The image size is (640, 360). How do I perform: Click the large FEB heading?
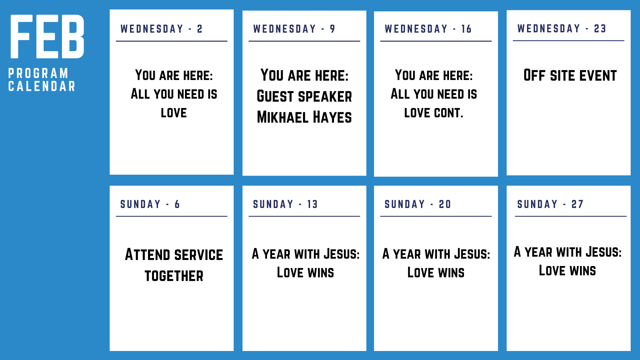point(47,37)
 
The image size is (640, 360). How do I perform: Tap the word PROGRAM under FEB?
point(38,73)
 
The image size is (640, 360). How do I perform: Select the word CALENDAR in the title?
point(42,86)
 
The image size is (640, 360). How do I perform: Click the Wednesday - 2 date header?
point(161,29)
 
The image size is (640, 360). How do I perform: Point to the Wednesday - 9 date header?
point(294,29)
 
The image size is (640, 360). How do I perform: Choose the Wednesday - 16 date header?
point(428,29)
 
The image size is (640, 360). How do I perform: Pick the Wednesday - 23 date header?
point(562,29)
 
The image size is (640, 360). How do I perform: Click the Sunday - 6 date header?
point(150,204)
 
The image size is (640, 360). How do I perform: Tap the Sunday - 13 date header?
point(285,204)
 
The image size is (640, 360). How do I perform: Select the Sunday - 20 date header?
point(418,204)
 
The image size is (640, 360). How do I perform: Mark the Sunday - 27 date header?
point(550,204)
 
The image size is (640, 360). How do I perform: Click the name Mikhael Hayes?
point(304,117)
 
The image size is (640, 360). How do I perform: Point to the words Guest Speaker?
point(304,96)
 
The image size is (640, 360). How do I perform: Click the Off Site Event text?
point(570,75)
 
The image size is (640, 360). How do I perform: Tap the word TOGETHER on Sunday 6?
point(174,276)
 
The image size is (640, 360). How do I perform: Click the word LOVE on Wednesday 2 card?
point(174,113)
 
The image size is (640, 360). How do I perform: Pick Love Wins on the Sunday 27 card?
point(567,270)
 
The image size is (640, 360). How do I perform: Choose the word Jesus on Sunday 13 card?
point(342,254)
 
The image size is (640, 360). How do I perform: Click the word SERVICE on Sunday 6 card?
point(199,255)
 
